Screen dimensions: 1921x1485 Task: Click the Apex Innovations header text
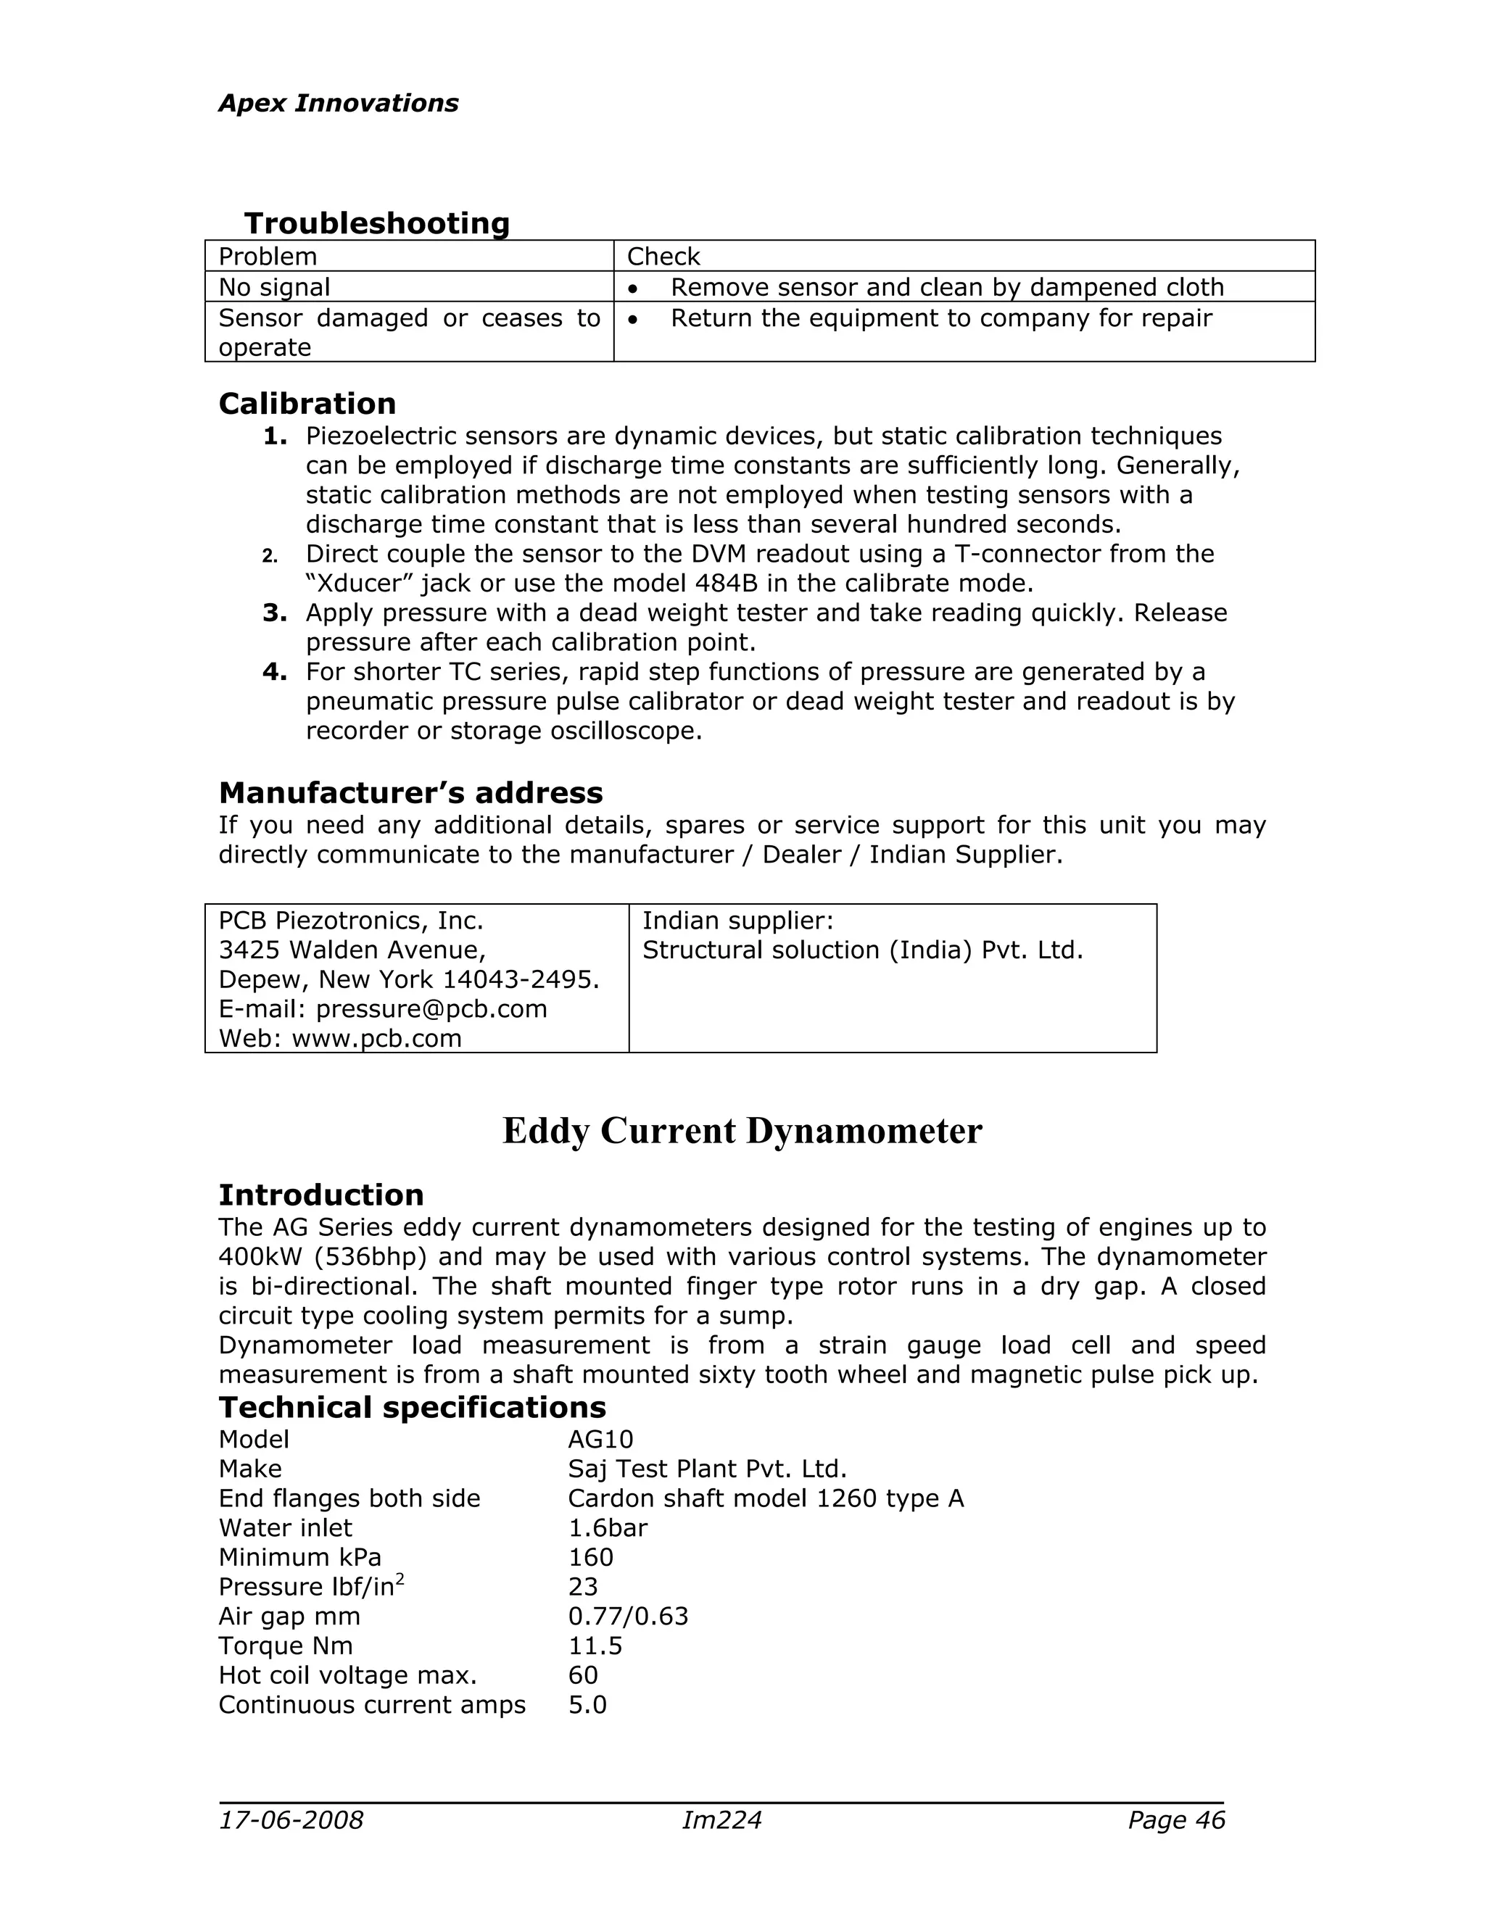338,104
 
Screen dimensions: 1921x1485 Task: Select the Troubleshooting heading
376,223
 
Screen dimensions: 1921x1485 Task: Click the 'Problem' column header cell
268,257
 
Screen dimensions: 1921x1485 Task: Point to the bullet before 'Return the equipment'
634,319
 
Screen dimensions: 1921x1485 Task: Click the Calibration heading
307,404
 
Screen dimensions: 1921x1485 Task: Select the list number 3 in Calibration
275,613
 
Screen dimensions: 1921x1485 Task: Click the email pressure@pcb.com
431,1009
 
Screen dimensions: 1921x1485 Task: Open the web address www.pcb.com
376,1039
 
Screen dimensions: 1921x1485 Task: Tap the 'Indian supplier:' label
737,921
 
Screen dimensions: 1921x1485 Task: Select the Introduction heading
321,1195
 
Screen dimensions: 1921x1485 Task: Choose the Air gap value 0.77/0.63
628,1617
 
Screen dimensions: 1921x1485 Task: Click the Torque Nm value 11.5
595,1646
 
